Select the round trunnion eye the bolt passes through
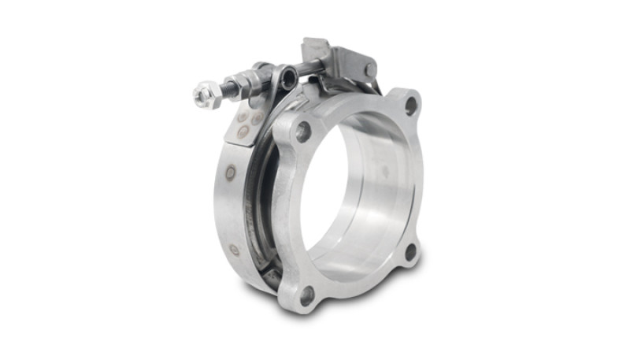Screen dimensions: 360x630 289,77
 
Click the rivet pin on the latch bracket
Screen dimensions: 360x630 369,70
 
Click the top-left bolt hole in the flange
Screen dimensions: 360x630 303,132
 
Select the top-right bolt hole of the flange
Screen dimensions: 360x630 409,103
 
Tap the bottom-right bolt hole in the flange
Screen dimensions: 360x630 410,252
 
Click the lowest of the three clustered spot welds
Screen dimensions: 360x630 243,132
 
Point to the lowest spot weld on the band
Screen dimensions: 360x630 234,250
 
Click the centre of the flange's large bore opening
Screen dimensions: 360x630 358,197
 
